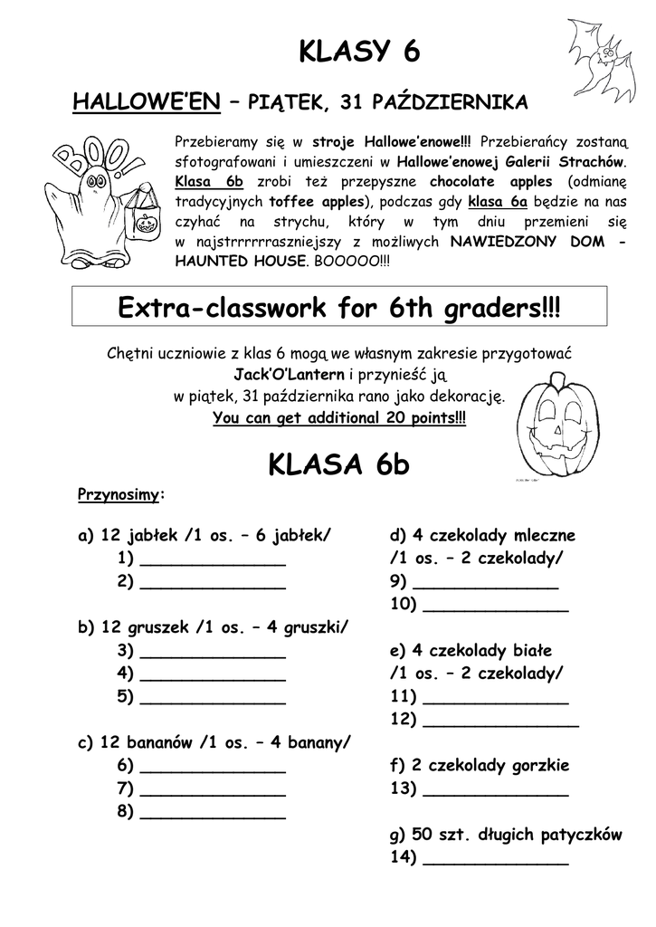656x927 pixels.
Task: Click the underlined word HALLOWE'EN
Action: tap(147, 103)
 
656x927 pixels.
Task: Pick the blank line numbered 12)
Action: tap(500, 722)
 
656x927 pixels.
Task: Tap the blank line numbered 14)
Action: tap(496, 861)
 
